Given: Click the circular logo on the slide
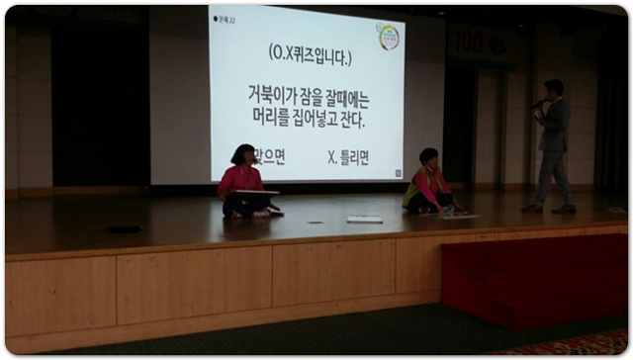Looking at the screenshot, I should pyautogui.click(x=389, y=36).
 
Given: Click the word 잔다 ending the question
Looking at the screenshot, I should pyautogui.click(x=352, y=121).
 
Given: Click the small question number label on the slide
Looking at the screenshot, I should pyautogui.click(x=225, y=19).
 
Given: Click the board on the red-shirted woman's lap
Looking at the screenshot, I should pyautogui.click(x=255, y=193).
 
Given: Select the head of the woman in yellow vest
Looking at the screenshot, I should pyautogui.click(x=428, y=158).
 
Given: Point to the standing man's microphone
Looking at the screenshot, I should pyautogui.click(x=536, y=103).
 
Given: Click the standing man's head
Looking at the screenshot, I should pyautogui.click(x=553, y=88).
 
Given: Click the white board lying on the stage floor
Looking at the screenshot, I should pyautogui.click(x=364, y=219).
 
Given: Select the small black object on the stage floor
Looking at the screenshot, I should pyautogui.click(x=125, y=229).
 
